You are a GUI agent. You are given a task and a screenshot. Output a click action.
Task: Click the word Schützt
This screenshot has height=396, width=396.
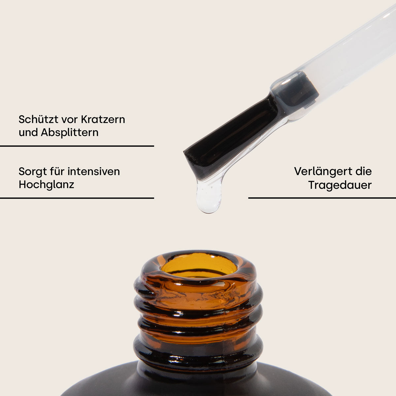[x=38, y=119]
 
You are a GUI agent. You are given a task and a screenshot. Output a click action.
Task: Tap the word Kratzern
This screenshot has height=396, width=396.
[x=103, y=119]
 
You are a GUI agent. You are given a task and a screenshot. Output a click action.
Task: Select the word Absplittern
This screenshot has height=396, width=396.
[x=70, y=132]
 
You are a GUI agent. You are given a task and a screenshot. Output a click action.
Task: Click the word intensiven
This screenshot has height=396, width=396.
[x=94, y=171]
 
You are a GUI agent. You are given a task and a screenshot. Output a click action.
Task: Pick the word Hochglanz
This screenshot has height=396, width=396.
[x=47, y=184]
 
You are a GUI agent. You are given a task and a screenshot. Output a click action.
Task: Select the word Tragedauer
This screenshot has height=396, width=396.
[x=340, y=185]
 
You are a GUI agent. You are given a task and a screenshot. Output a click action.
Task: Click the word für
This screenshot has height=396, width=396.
[x=57, y=171]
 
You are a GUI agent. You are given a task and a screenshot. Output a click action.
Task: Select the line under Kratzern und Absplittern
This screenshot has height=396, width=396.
[x=77, y=146]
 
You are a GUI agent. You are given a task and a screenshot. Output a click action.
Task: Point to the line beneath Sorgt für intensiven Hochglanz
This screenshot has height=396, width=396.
[x=77, y=198]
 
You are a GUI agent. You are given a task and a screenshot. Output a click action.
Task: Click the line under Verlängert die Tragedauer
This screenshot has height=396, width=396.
[x=322, y=198]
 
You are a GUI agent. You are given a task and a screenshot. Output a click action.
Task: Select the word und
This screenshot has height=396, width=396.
[x=28, y=133]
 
